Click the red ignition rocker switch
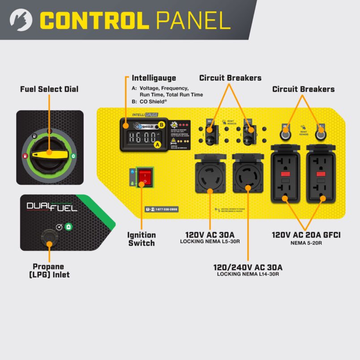pos(144,177)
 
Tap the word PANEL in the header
pos(193,20)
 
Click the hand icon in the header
pos(21,21)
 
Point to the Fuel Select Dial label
pos(49,89)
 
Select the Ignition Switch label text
pos(141,239)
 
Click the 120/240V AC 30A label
pos(248,267)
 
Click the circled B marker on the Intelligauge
pos(162,124)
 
